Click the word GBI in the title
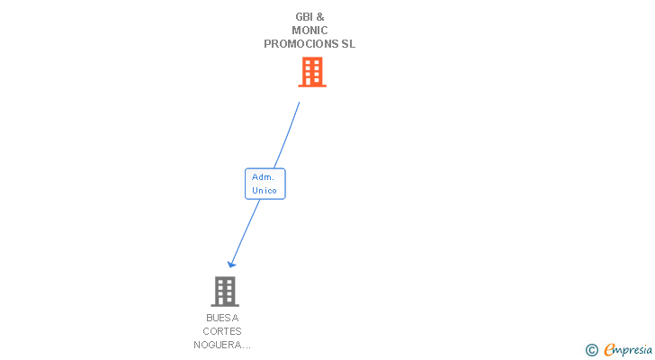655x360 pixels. click(x=303, y=16)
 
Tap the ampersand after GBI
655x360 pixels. click(x=320, y=16)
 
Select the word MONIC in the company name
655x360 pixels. click(x=310, y=30)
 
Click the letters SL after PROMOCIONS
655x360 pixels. click(x=347, y=44)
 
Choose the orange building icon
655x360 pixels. click(x=311, y=72)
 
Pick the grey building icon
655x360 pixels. click(x=224, y=292)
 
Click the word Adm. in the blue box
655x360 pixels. click(x=263, y=177)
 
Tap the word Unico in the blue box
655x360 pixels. click(x=265, y=190)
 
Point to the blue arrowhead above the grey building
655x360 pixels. click(x=231, y=264)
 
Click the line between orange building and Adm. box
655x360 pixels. click(x=287, y=135)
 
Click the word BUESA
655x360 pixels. click(x=222, y=318)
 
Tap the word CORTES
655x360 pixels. click(x=222, y=331)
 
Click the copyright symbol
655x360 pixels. click(x=592, y=350)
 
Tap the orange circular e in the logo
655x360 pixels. click(x=609, y=350)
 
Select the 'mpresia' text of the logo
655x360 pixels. click(x=634, y=350)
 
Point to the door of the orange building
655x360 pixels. click(x=312, y=83)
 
